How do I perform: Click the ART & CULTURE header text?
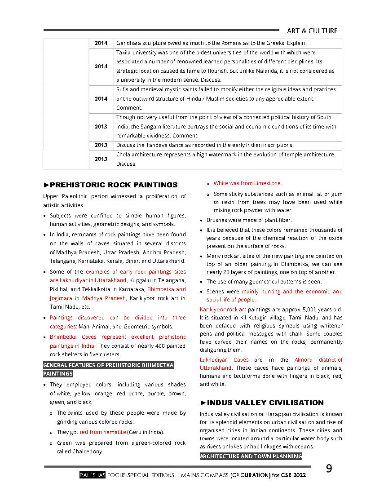tap(312, 31)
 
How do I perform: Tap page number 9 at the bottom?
tap(329, 469)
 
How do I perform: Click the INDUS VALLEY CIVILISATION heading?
tap(265, 403)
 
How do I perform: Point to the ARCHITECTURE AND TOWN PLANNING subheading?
tap(251, 456)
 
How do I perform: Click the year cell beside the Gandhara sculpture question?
tap(101, 43)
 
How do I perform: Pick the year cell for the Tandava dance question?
tap(101, 145)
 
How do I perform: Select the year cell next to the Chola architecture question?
tap(101, 159)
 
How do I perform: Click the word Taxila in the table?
tap(124, 53)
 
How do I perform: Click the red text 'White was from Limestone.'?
tap(247, 183)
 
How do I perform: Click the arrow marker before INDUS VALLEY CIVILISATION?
tap(203, 403)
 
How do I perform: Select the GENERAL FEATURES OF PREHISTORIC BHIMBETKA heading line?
tap(108, 365)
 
